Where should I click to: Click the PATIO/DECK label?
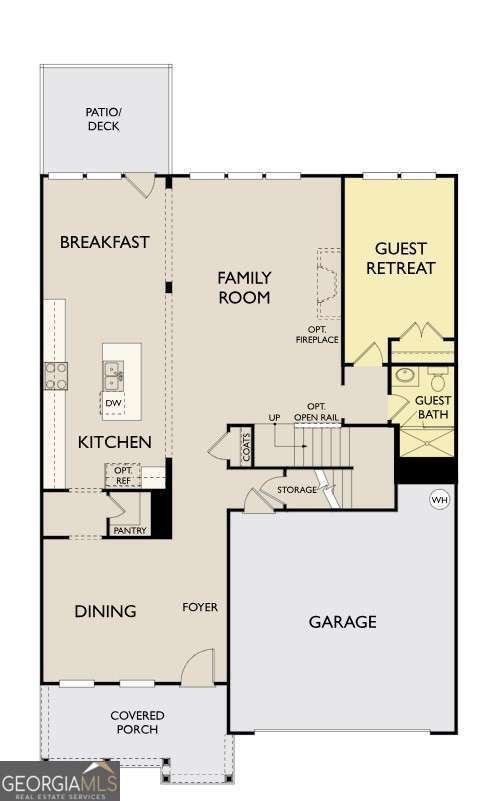104,119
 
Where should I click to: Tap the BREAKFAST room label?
105,242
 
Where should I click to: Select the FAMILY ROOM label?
245,286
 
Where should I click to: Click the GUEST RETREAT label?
400,258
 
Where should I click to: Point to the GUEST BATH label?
433,406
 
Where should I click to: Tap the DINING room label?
105,611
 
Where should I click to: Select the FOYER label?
200,607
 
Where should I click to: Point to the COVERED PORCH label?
137,722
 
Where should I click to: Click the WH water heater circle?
439,499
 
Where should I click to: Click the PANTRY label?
129,530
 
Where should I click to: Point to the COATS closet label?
246,448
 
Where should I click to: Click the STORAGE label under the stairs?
298,490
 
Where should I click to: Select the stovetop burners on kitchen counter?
57,374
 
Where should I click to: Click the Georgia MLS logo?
59,780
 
